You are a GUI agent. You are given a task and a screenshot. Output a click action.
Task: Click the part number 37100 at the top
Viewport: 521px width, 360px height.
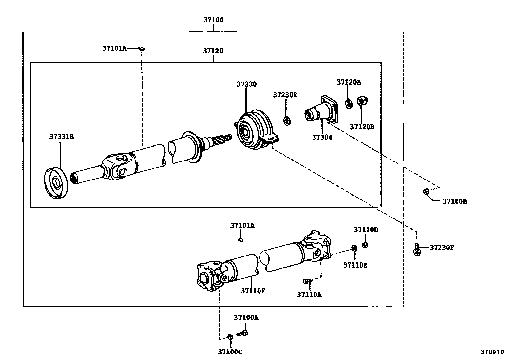coord(213,20)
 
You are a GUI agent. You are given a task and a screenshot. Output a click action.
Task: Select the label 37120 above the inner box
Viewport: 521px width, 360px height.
coord(213,51)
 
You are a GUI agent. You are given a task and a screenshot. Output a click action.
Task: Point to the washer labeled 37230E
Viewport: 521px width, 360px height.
coord(287,121)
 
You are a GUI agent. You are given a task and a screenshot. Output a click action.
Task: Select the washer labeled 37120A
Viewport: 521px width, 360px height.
coord(349,104)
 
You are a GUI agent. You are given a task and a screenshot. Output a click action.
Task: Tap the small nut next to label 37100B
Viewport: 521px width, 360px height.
coord(426,192)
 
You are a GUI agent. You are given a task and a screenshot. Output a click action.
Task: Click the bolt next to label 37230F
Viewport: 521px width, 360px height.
coord(417,249)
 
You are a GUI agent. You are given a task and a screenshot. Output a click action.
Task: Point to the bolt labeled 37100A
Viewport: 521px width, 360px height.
coord(243,333)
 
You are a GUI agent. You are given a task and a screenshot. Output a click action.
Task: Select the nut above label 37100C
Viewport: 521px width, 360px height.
coord(230,337)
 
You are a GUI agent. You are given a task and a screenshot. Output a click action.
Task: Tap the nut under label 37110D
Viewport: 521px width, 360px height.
coord(365,245)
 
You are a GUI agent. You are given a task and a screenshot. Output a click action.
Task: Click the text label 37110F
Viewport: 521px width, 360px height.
coord(253,291)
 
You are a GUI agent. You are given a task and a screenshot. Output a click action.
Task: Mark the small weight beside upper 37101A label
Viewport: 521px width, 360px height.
coord(141,49)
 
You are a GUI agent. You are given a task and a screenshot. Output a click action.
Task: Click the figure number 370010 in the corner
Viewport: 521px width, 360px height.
coord(492,352)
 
